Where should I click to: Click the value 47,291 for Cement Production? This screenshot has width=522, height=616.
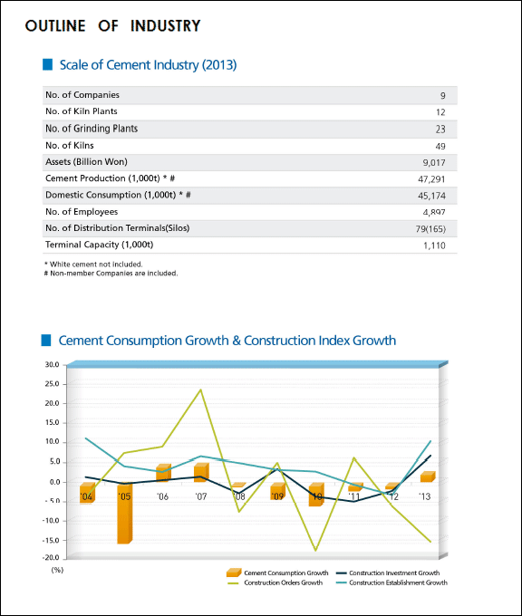pyautogui.click(x=431, y=179)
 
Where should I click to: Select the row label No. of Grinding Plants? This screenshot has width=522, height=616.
pyautogui.click(x=92, y=129)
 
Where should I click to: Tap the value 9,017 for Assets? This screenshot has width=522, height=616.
pyautogui.click(x=434, y=163)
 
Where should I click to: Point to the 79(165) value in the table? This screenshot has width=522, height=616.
pyautogui.click(x=430, y=228)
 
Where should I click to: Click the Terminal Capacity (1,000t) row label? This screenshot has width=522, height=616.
pyautogui.click(x=99, y=245)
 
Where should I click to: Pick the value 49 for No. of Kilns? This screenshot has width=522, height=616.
pyautogui.click(x=440, y=146)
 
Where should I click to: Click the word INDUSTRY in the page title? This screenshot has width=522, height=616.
pyautogui.click(x=166, y=26)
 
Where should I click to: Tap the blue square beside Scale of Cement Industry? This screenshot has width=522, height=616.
pyautogui.click(x=47, y=64)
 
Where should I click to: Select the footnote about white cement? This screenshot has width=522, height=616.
pyautogui.click(x=93, y=265)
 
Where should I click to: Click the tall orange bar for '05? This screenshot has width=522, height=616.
pyautogui.click(x=125, y=513)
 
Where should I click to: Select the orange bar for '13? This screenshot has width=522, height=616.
pyautogui.click(x=428, y=476)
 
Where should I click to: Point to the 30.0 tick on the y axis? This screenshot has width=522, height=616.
pyautogui.click(x=52, y=364)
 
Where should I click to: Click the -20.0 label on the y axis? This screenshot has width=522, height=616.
pyautogui.click(x=51, y=558)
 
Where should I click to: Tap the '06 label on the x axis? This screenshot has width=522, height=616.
pyautogui.click(x=162, y=497)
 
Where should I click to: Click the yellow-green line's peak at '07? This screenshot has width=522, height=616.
pyautogui.click(x=201, y=390)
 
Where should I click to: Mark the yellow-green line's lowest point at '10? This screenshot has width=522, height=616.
pyautogui.click(x=315, y=551)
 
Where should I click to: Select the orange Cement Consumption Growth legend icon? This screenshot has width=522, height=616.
pyautogui.click(x=234, y=573)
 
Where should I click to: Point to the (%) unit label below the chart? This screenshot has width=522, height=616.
pyautogui.click(x=57, y=570)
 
